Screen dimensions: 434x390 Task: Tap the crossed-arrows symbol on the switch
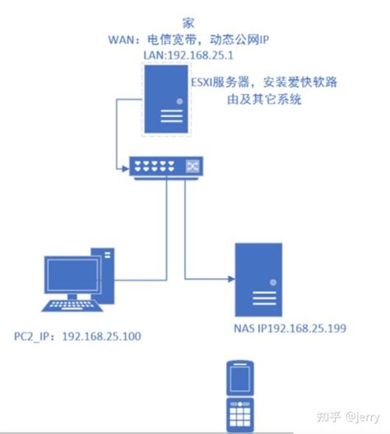pos(193,166)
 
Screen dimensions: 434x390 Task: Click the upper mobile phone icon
pos(239,378)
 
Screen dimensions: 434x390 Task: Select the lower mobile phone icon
pos(239,414)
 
